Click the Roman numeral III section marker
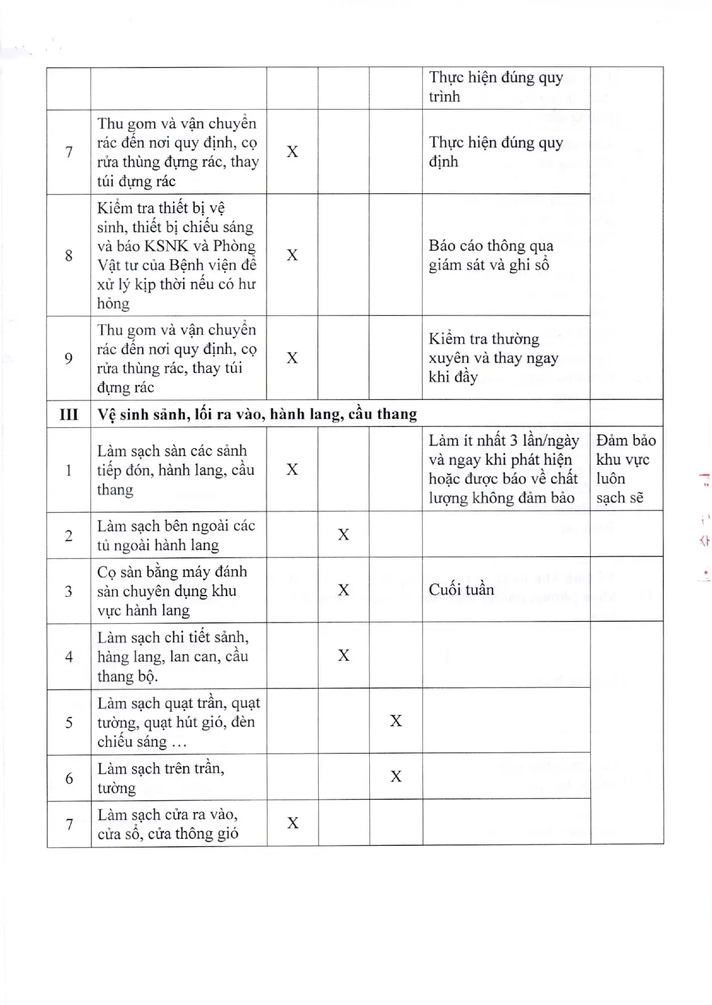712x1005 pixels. (68, 414)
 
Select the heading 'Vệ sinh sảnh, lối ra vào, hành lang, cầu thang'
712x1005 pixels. (257, 414)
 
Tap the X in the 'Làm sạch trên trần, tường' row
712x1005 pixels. (396, 776)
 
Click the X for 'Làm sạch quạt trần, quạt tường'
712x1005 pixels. (396, 721)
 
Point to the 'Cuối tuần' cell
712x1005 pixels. (462, 589)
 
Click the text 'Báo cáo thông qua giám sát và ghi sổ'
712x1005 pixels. (491, 255)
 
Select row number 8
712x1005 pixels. (69, 255)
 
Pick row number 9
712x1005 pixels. (69, 358)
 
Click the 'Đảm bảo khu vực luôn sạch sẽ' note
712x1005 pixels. (625, 469)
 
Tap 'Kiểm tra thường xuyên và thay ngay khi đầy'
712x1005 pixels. (493, 358)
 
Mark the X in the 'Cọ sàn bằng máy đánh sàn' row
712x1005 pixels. (344, 590)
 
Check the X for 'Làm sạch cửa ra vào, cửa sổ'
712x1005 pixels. (293, 823)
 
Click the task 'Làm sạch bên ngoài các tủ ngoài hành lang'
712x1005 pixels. (176, 535)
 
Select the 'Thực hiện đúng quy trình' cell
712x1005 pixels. (496, 86)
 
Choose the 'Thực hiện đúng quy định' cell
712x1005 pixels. (496, 151)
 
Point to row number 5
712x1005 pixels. (69, 722)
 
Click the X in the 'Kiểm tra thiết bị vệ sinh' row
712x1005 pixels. (292, 255)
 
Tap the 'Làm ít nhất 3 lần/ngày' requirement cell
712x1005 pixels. (504, 469)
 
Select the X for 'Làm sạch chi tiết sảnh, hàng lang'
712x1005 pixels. (344, 656)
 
